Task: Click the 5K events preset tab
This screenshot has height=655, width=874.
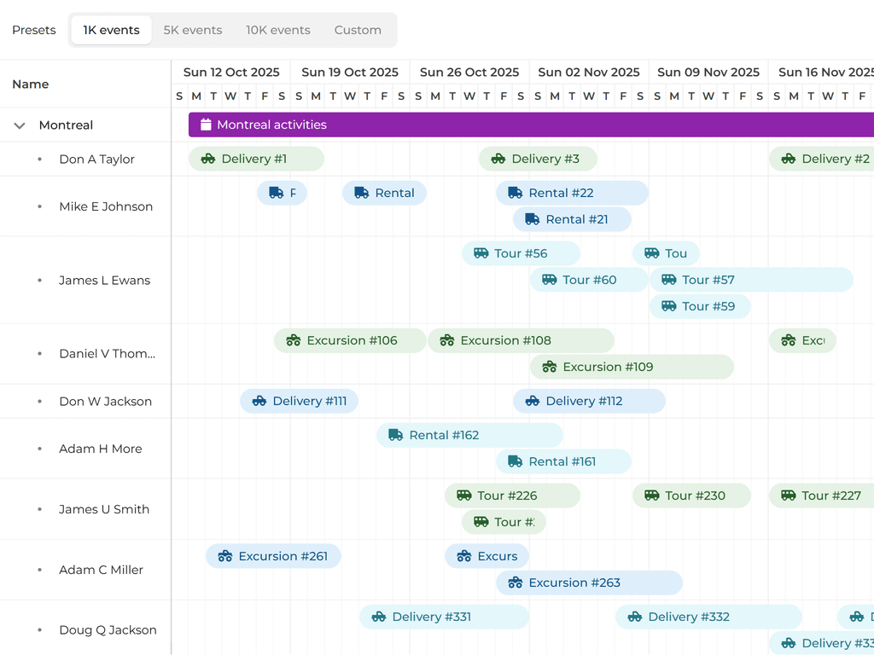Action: (193, 30)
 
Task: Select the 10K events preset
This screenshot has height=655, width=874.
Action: (278, 30)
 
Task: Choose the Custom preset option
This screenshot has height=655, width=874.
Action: (358, 30)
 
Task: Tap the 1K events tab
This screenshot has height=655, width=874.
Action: (111, 30)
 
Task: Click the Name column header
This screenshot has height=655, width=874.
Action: (31, 84)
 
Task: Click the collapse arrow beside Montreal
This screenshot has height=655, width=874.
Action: (20, 125)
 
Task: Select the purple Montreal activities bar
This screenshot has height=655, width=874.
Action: (529, 125)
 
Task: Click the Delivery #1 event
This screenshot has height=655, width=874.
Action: (255, 159)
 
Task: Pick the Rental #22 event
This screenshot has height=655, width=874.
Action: (571, 193)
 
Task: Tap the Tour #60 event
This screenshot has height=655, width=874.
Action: (588, 280)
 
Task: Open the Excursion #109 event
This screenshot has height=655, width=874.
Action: (631, 367)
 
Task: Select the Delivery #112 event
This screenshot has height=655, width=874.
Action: (588, 401)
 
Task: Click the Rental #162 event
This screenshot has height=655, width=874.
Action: (469, 435)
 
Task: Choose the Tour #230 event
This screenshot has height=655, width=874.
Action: (690, 496)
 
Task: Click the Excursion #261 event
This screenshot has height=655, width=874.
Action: (272, 556)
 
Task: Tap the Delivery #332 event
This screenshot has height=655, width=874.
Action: (708, 617)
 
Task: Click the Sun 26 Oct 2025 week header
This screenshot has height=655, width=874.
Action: (469, 72)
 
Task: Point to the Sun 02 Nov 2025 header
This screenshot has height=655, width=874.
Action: (588, 72)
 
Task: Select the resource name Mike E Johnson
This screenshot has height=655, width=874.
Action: (106, 206)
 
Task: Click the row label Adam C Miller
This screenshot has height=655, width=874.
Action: (101, 570)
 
